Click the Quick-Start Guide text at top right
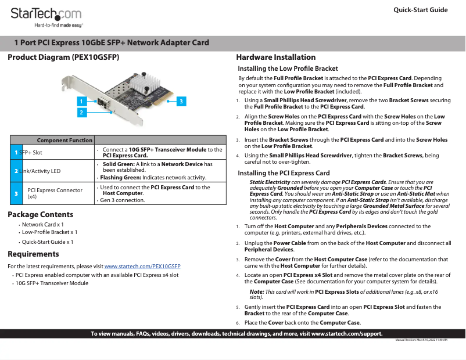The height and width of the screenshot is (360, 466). point(420,10)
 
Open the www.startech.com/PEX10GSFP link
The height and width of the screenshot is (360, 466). point(142,266)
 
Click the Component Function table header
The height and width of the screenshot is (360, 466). point(64,140)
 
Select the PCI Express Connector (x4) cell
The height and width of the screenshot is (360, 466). point(55,193)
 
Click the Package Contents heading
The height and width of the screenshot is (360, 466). point(40,215)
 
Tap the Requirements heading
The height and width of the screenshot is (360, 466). point(33,254)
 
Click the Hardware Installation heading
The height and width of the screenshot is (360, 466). point(275,57)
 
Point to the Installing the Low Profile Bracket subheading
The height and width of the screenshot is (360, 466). point(288,69)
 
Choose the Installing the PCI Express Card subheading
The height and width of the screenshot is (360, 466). point(284,173)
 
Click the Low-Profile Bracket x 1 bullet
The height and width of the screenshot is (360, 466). point(49,232)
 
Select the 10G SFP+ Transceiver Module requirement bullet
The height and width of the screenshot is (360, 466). point(52,283)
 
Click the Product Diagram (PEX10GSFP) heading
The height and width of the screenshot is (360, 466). point(63,57)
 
